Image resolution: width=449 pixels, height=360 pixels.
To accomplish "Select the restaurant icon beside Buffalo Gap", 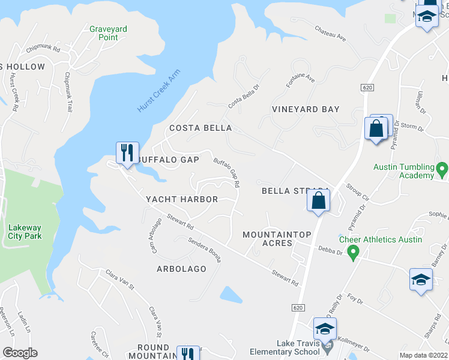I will (x=127, y=153).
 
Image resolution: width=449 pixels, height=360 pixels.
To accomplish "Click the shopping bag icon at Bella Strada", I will (x=319, y=200).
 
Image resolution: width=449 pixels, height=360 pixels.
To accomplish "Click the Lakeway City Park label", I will (x=25, y=231).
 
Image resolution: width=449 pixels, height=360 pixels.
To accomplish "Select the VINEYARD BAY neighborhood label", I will (x=305, y=109).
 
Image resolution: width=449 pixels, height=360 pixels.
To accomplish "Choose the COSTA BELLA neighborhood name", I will (x=200, y=128).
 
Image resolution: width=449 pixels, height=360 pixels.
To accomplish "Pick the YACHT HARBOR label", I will (x=182, y=199).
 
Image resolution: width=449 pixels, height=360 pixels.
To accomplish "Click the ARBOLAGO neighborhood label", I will (x=181, y=269).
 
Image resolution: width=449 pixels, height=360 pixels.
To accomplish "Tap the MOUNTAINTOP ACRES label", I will (x=268, y=238).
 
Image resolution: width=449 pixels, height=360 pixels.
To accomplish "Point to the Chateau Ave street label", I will (x=331, y=37).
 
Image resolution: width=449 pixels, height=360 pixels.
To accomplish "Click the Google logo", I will (x=20, y=353).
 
